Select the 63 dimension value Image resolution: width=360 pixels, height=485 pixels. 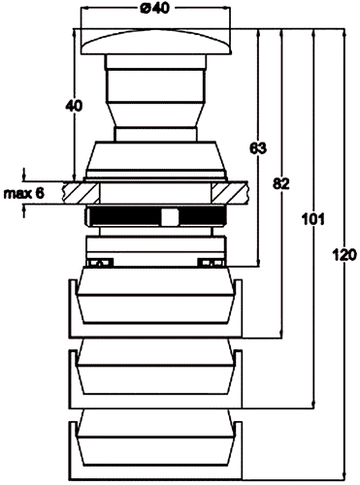[257, 148]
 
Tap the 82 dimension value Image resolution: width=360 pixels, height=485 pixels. [280, 183]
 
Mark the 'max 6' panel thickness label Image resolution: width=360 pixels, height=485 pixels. [23, 192]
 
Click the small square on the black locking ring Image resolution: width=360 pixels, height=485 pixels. [168, 216]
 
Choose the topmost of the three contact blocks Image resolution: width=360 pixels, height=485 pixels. [155, 301]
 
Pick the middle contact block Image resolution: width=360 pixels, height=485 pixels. [155, 374]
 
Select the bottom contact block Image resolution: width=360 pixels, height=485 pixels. [155, 445]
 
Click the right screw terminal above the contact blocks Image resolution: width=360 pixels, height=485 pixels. [207, 262]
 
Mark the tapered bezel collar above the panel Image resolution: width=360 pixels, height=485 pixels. [155, 159]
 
